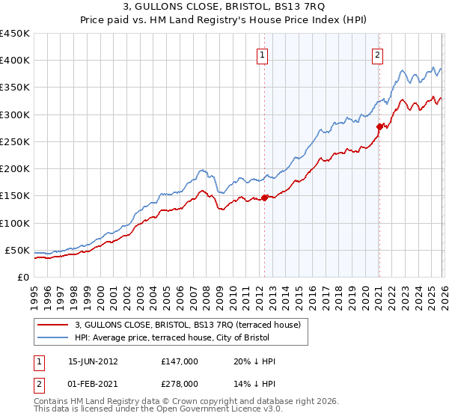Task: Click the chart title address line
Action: pyautogui.click(x=224, y=8)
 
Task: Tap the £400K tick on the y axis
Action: pyautogui.click(x=14, y=61)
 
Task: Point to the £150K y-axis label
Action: pyautogui.click(x=14, y=196)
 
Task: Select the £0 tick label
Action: pyautogui.click(x=22, y=277)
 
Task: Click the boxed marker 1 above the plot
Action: pyautogui.click(x=263, y=54)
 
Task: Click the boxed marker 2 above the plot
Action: pyautogui.click(x=378, y=54)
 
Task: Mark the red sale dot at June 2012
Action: pyautogui.click(x=264, y=198)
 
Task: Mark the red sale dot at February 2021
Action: pyautogui.click(x=379, y=126)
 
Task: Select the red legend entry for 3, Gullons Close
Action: pyautogui.click(x=188, y=325)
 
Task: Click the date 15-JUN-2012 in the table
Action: pyautogui.click(x=94, y=361)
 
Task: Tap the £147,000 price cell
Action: pyautogui.click(x=180, y=361)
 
